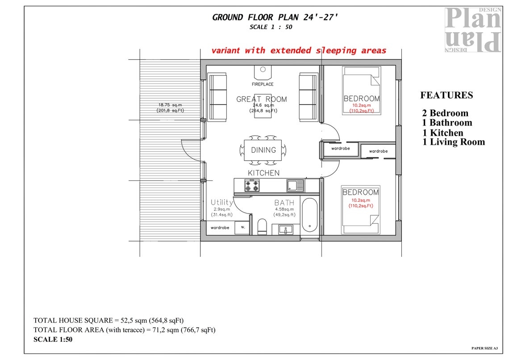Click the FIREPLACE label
tap(263, 84)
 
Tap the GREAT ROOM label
tap(262, 99)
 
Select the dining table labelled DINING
tap(263, 150)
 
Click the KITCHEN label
tap(263, 173)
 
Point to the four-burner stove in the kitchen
tap(252, 185)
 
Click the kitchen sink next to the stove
tap(296, 185)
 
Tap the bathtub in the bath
tap(309, 215)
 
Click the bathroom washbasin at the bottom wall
tap(286, 229)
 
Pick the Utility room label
tap(222, 202)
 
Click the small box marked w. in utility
tap(243, 227)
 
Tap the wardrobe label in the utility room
tap(220, 228)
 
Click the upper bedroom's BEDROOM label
tap(362, 99)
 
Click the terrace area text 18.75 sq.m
tap(170, 105)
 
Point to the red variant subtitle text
tap(298, 50)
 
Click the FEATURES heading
tap(446, 95)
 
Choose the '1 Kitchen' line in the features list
tap(442, 133)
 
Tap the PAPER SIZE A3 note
tap(484, 347)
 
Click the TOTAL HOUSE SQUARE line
tap(108, 321)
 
